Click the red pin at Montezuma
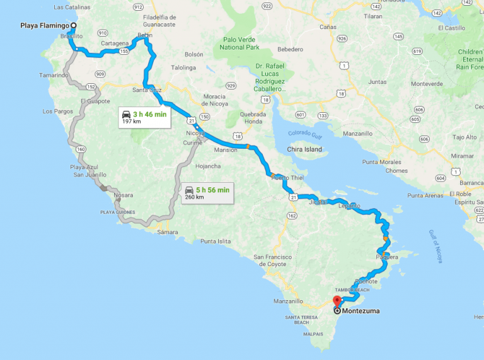tap(337, 301)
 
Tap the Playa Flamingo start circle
tap(73, 26)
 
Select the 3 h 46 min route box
tap(145, 117)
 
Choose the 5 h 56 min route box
tap(207, 192)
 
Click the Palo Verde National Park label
tap(241, 44)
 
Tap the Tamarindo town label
tap(55, 75)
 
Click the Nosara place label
tap(123, 195)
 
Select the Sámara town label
tap(168, 232)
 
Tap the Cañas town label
tap(328, 27)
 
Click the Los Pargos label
tap(57, 112)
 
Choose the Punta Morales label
tap(382, 162)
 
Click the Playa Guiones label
tap(118, 212)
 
